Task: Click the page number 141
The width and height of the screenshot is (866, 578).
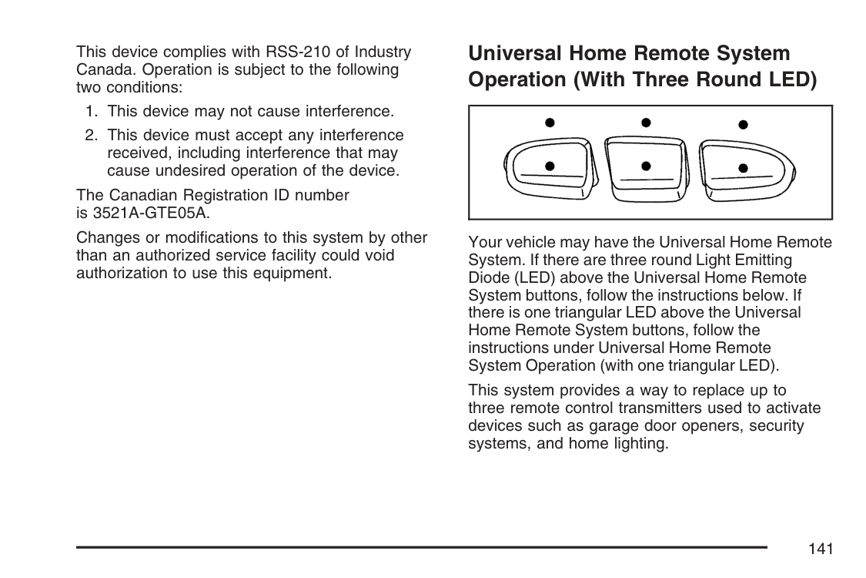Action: [821, 549]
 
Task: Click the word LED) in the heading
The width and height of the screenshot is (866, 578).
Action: [791, 80]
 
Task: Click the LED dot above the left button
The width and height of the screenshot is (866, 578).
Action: [550, 123]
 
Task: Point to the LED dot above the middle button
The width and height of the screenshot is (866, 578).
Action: [646, 122]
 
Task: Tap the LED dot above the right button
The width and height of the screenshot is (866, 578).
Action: [743, 124]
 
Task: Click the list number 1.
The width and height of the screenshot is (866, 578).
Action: [91, 112]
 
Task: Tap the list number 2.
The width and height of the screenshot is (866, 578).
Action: [91, 136]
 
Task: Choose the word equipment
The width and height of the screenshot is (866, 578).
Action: [293, 273]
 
